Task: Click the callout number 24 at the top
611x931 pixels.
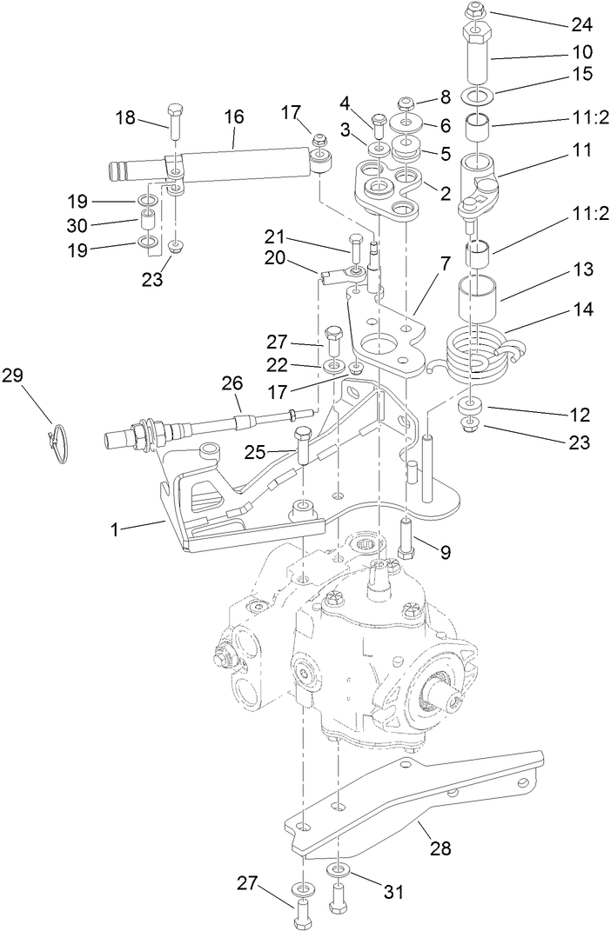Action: click(x=581, y=23)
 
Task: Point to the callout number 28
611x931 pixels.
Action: click(x=440, y=848)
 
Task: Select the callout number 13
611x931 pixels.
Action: click(x=581, y=270)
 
